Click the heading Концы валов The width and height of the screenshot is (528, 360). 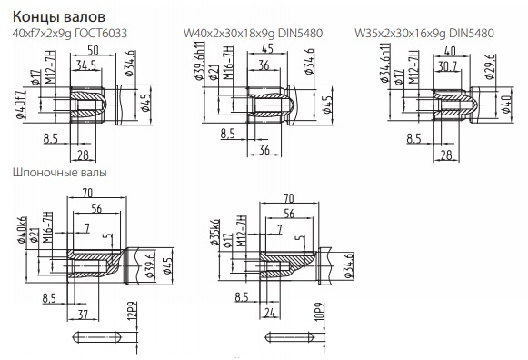pyautogui.click(x=59, y=16)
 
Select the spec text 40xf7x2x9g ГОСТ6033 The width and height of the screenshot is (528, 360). pyautogui.click(x=70, y=34)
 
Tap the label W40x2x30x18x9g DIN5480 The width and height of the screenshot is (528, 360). pyautogui.click(x=253, y=34)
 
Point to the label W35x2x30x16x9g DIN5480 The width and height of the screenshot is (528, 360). pyautogui.click(x=424, y=34)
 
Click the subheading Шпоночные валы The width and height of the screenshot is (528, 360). pyautogui.click(x=60, y=173)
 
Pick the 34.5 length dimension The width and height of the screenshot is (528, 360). pyautogui.click(x=85, y=65)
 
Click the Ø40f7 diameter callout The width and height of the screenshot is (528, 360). pyautogui.click(x=20, y=105)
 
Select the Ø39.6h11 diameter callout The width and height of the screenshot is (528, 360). pyautogui.click(x=199, y=61)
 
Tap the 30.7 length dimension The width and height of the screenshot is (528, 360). pyautogui.click(x=447, y=66)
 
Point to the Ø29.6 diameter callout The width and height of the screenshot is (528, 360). pyautogui.click(x=490, y=66)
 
